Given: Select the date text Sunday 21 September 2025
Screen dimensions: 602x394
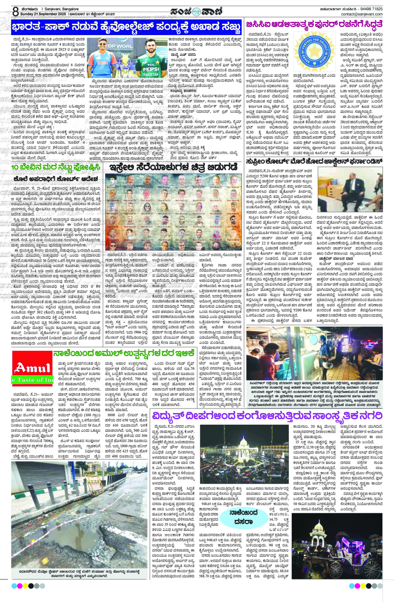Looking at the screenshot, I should tap(44, 14).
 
